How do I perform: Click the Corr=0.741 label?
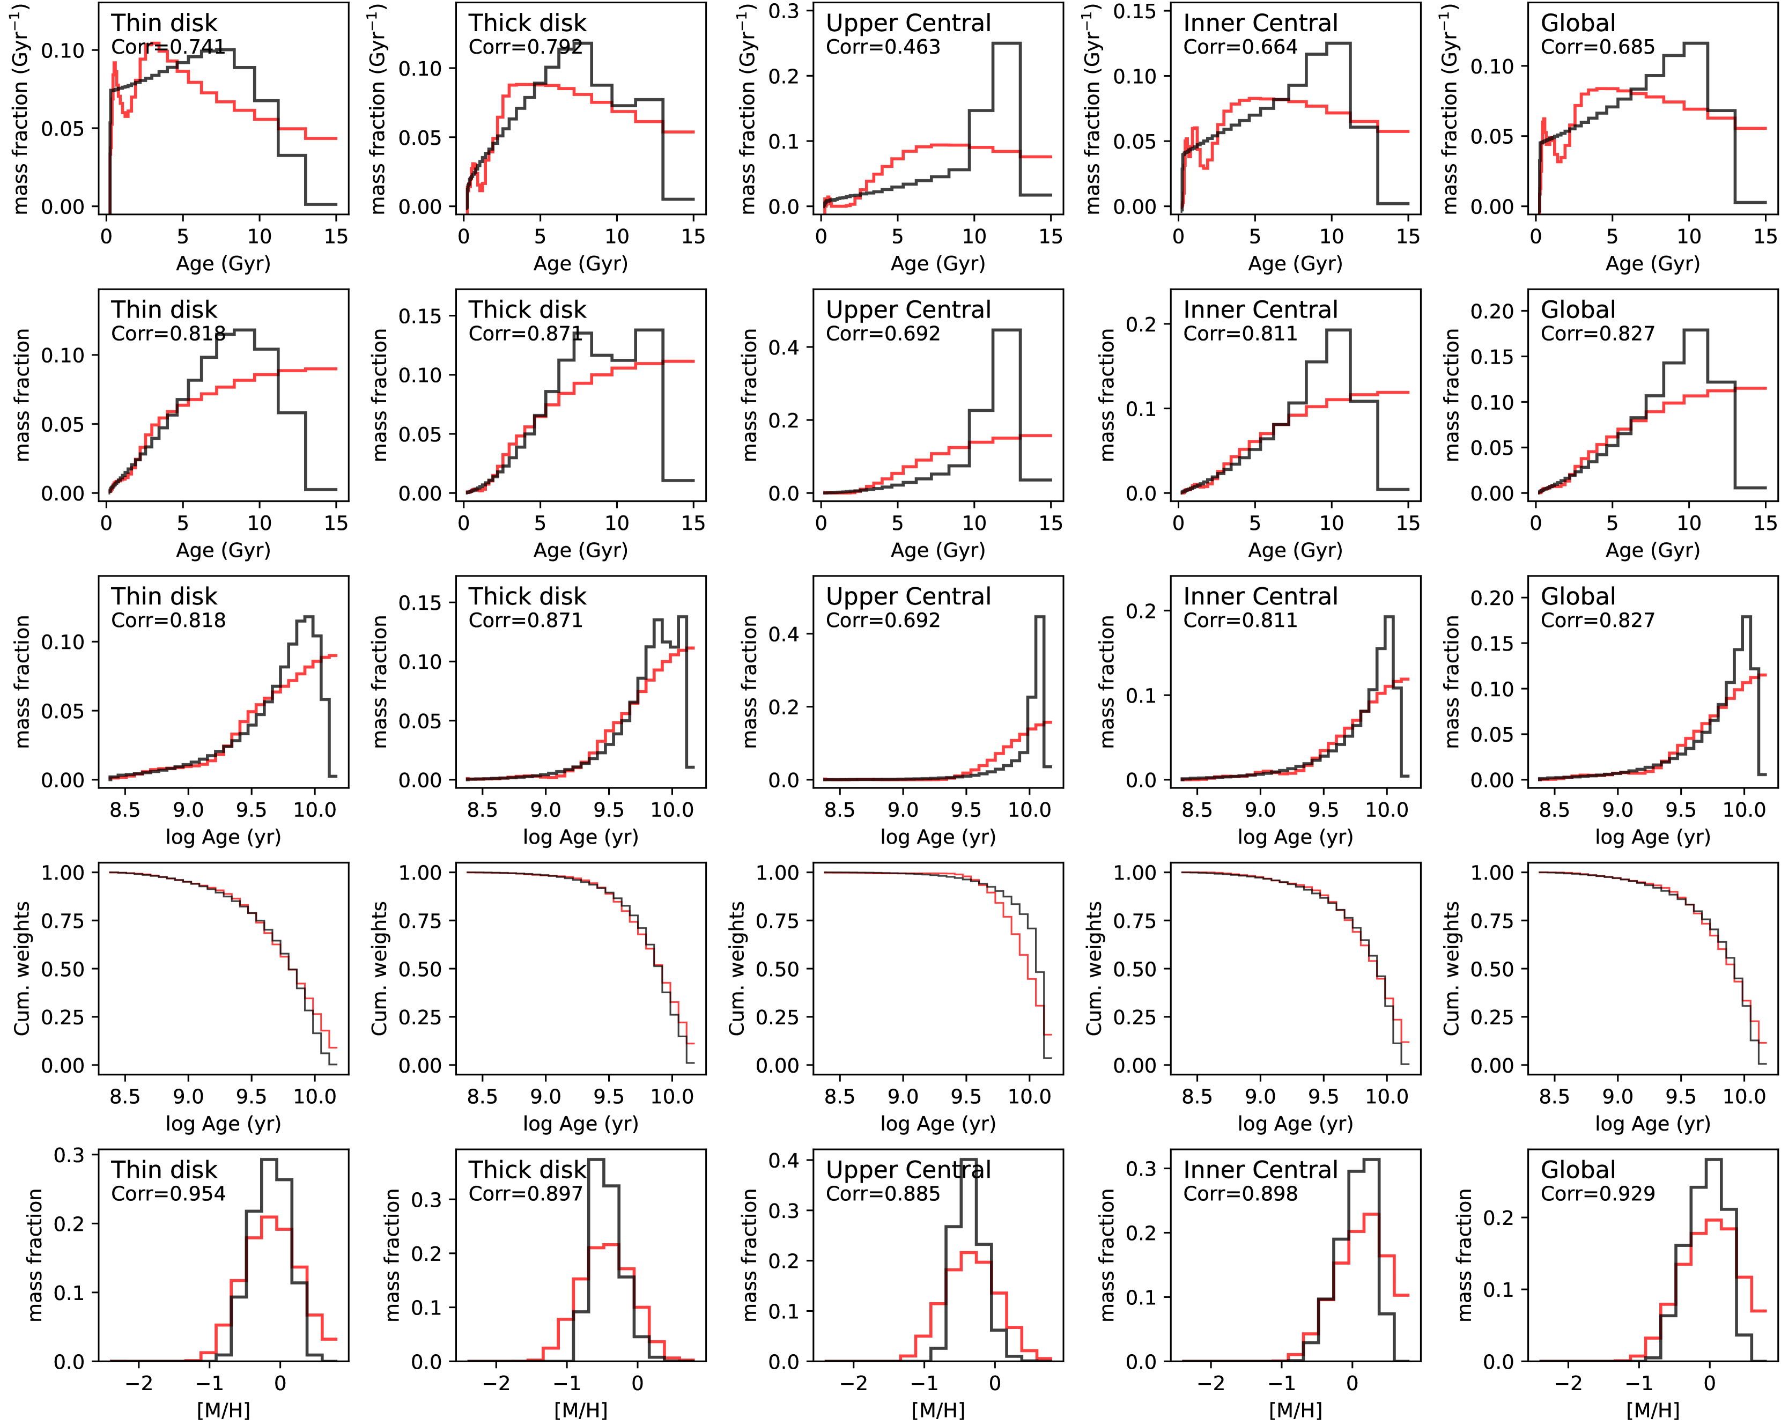click(168, 47)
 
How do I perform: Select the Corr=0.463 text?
click(883, 47)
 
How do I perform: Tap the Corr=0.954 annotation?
click(168, 1194)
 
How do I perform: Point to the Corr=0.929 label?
click(1598, 1194)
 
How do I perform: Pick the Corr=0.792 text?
click(526, 47)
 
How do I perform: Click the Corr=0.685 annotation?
click(1598, 47)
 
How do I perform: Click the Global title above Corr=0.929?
click(1578, 1170)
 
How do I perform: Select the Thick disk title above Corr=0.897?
click(527, 1170)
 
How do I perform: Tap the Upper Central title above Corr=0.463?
click(908, 23)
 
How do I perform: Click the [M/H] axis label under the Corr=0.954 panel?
click(223, 1410)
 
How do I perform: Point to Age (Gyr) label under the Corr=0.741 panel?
click(223, 263)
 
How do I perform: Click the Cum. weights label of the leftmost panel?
click(23, 968)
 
